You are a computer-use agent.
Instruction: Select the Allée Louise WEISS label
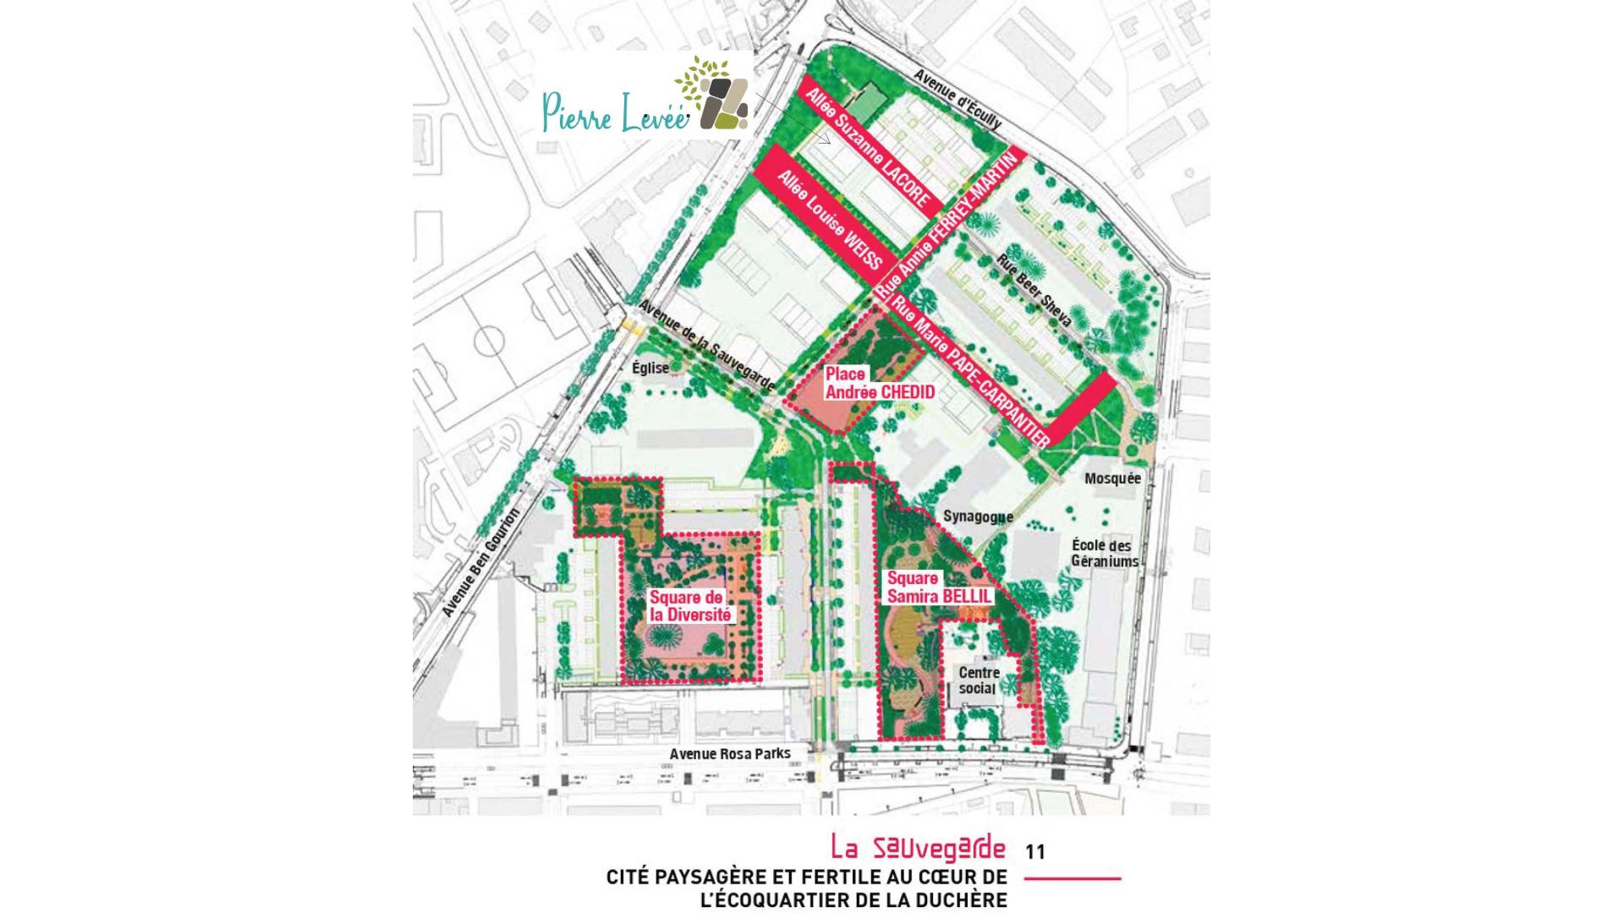pos(829,221)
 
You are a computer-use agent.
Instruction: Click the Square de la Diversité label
pos(689,606)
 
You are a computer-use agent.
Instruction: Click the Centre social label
pos(979,681)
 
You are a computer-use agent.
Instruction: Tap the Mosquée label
pos(1112,478)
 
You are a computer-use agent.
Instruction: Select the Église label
pos(650,368)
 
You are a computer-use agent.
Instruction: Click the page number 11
pos(1035,851)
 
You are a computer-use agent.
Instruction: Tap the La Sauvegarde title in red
pos(919,848)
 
